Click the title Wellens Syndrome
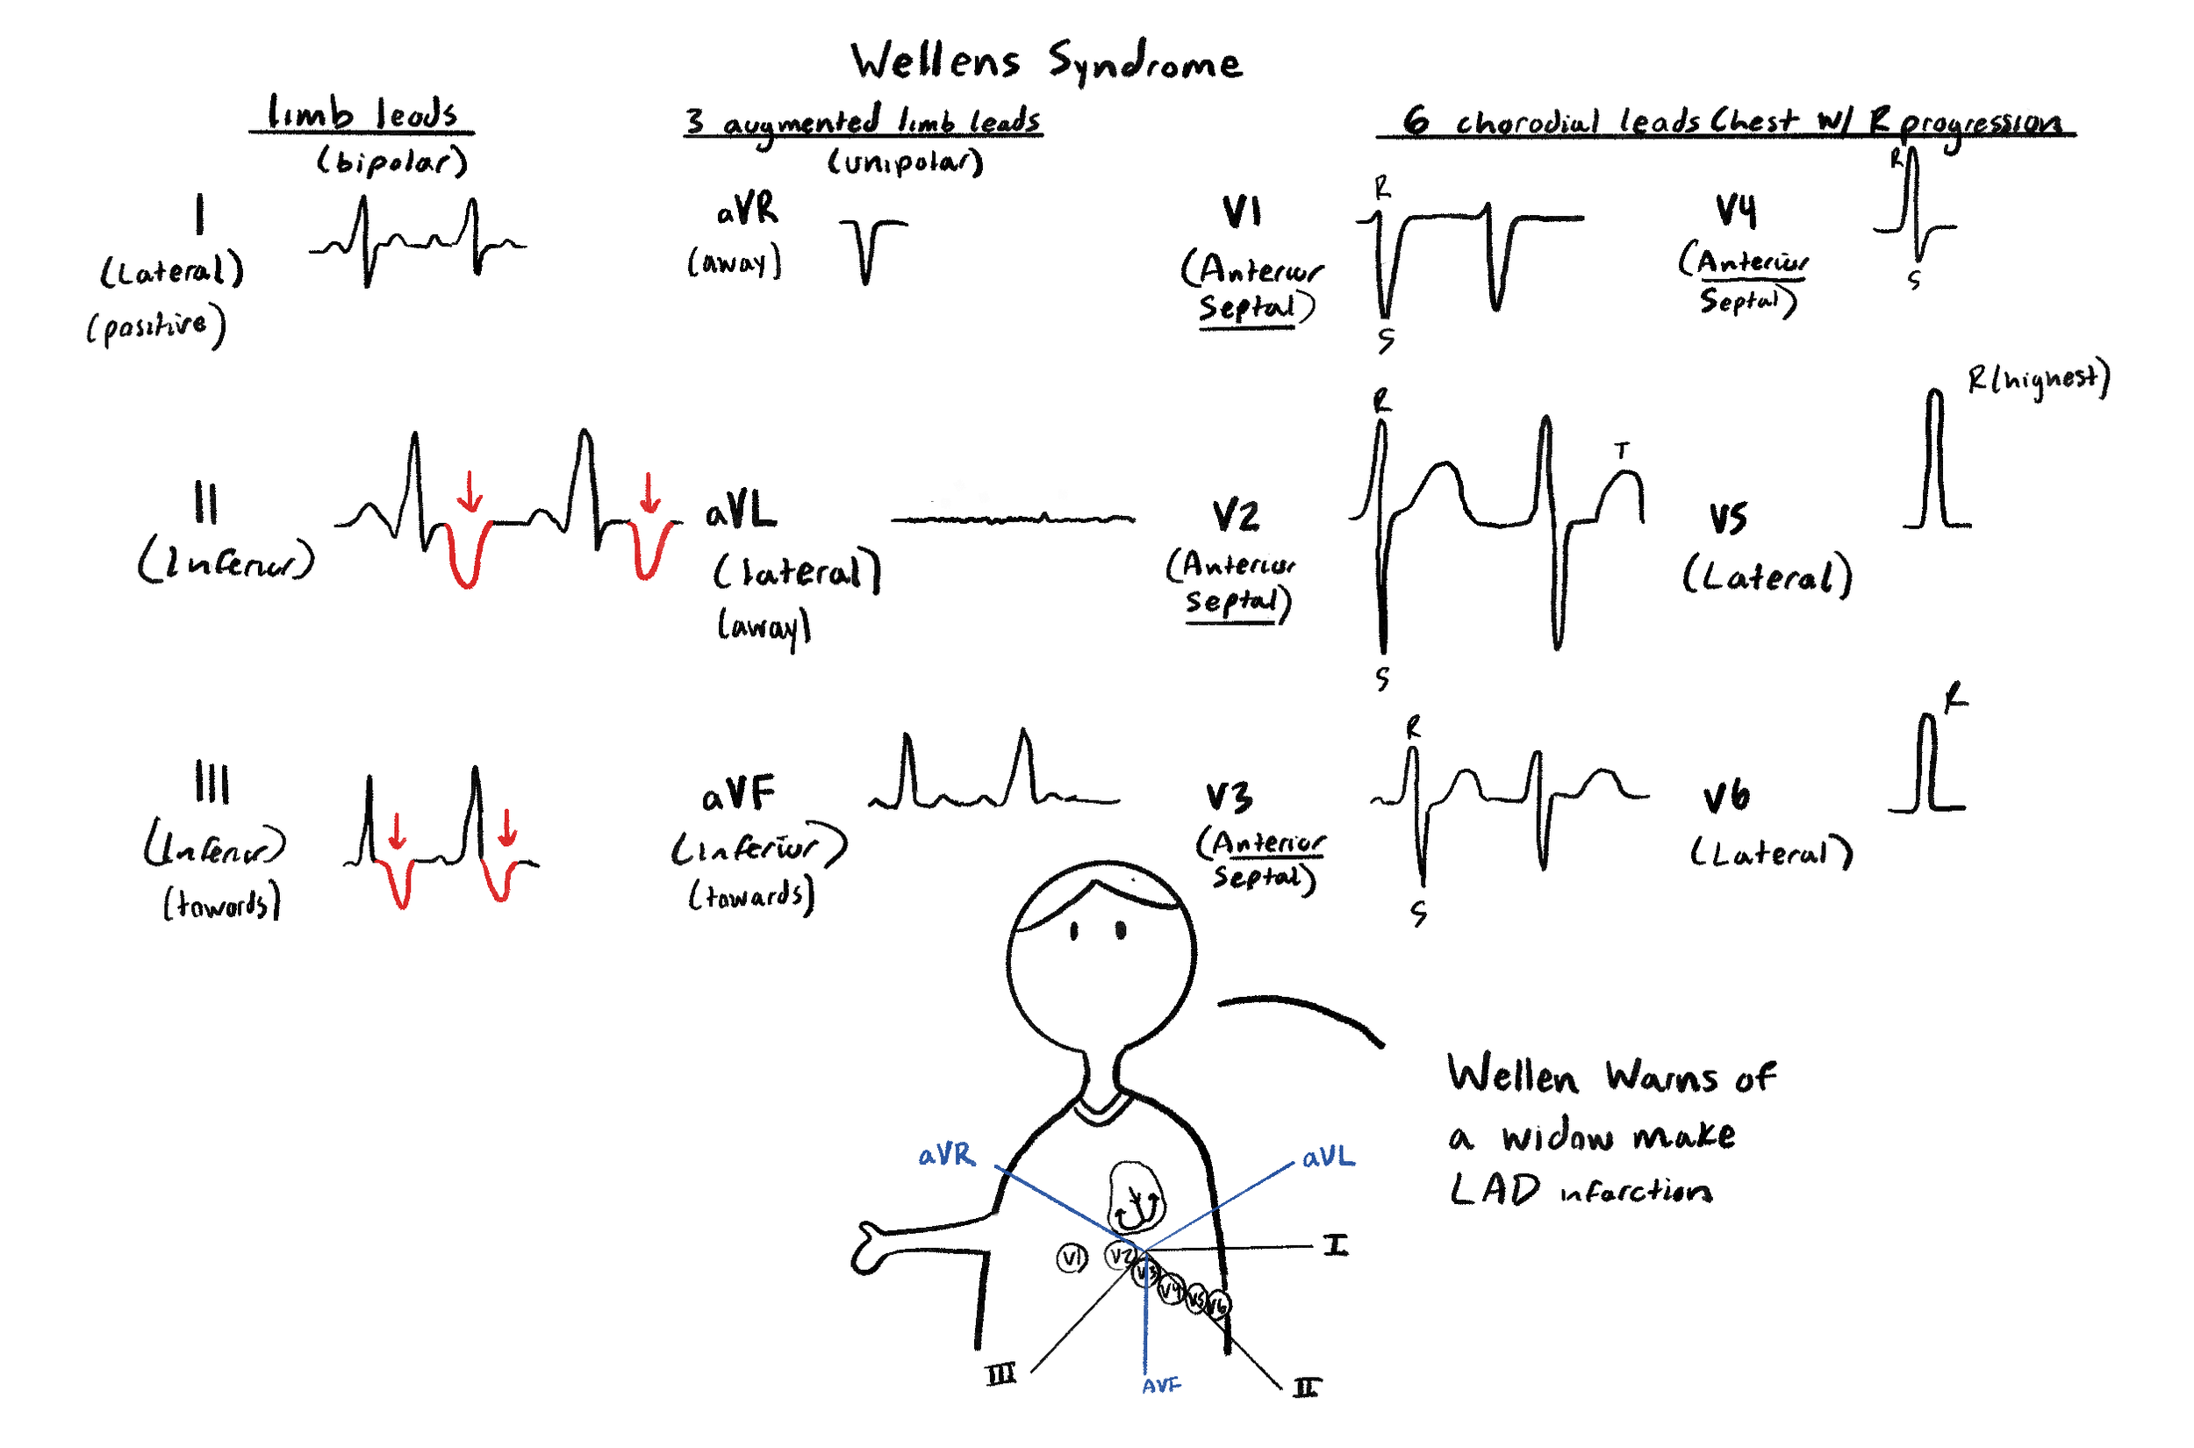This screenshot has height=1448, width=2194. (x=1045, y=63)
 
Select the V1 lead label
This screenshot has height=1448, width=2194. (x=1241, y=212)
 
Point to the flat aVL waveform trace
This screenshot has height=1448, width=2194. (x=1012, y=519)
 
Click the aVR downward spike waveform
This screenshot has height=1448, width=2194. (x=867, y=249)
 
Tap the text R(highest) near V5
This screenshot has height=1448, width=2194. (x=2037, y=378)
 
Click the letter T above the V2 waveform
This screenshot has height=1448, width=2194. (x=1622, y=451)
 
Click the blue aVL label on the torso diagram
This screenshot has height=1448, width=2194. (x=1328, y=1158)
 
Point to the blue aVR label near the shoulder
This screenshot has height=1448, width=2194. (x=945, y=1155)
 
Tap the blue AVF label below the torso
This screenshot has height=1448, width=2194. (x=1161, y=1386)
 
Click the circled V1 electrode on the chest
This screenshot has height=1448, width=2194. (x=1072, y=1258)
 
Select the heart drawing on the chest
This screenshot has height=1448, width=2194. (x=1136, y=1199)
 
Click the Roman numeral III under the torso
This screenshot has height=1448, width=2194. (x=1001, y=1375)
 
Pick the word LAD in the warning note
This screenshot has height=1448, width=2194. (x=1494, y=1190)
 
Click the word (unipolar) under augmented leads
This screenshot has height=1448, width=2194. (x=905, y=162)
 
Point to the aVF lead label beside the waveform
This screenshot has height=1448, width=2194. (x=738, y=795)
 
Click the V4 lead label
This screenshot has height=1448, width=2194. (x=1736, y=211)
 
